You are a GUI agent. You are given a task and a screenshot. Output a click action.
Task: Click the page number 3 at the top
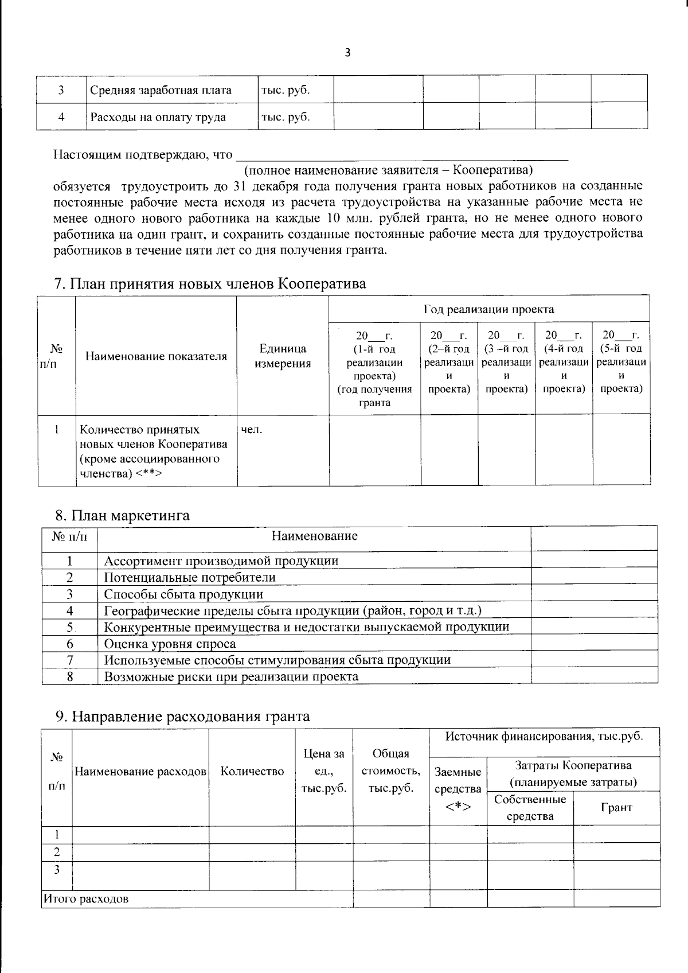[347, 53]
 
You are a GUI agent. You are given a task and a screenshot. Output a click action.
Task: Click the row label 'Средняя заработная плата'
[160, 90]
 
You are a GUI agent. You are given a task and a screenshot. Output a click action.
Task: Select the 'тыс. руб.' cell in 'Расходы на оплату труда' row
[286, 117]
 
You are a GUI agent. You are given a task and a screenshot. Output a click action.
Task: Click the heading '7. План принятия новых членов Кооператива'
[210, 284]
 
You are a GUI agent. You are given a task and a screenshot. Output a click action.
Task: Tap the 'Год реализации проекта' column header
[488, 309]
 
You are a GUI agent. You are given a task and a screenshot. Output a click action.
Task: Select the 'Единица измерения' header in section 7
[283, 356]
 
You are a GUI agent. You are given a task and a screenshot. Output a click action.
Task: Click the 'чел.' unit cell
[252, 430]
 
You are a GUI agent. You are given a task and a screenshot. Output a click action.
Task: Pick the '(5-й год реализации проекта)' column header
[621, 361]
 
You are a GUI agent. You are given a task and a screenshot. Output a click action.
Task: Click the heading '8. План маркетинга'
[122, 515]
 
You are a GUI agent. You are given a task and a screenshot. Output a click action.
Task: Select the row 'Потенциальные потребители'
[190, 577]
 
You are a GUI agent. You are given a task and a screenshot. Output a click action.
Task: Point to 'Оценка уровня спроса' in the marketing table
[170, 644]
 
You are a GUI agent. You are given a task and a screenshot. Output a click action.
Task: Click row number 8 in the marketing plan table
[69, 676]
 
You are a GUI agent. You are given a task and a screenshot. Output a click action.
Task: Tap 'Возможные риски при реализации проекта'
[231, 676]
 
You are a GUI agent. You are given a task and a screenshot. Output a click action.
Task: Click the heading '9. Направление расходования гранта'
[182, 716]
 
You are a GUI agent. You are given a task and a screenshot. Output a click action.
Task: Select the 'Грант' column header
[616, 807]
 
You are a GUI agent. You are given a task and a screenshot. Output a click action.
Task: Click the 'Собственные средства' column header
[530, 807]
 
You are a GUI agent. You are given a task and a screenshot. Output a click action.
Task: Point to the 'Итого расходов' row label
[86, 898]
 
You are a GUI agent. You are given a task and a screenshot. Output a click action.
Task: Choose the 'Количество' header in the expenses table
[252, 772]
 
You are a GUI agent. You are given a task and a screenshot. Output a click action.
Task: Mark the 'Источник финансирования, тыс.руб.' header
[544, 737]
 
